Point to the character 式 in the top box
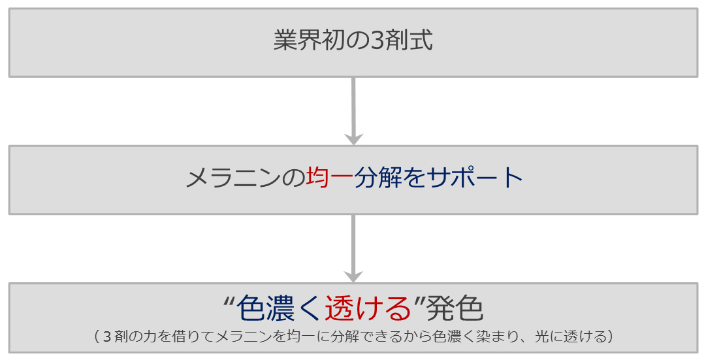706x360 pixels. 421,40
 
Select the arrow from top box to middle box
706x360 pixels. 353,111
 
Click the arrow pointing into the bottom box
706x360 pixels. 353,248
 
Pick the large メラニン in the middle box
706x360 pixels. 233,178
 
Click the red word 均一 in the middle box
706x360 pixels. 330,178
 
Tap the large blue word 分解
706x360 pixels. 377,178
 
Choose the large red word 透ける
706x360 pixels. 368,309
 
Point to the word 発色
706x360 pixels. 454,309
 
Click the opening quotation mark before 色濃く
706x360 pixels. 228,301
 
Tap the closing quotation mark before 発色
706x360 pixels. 419,301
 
